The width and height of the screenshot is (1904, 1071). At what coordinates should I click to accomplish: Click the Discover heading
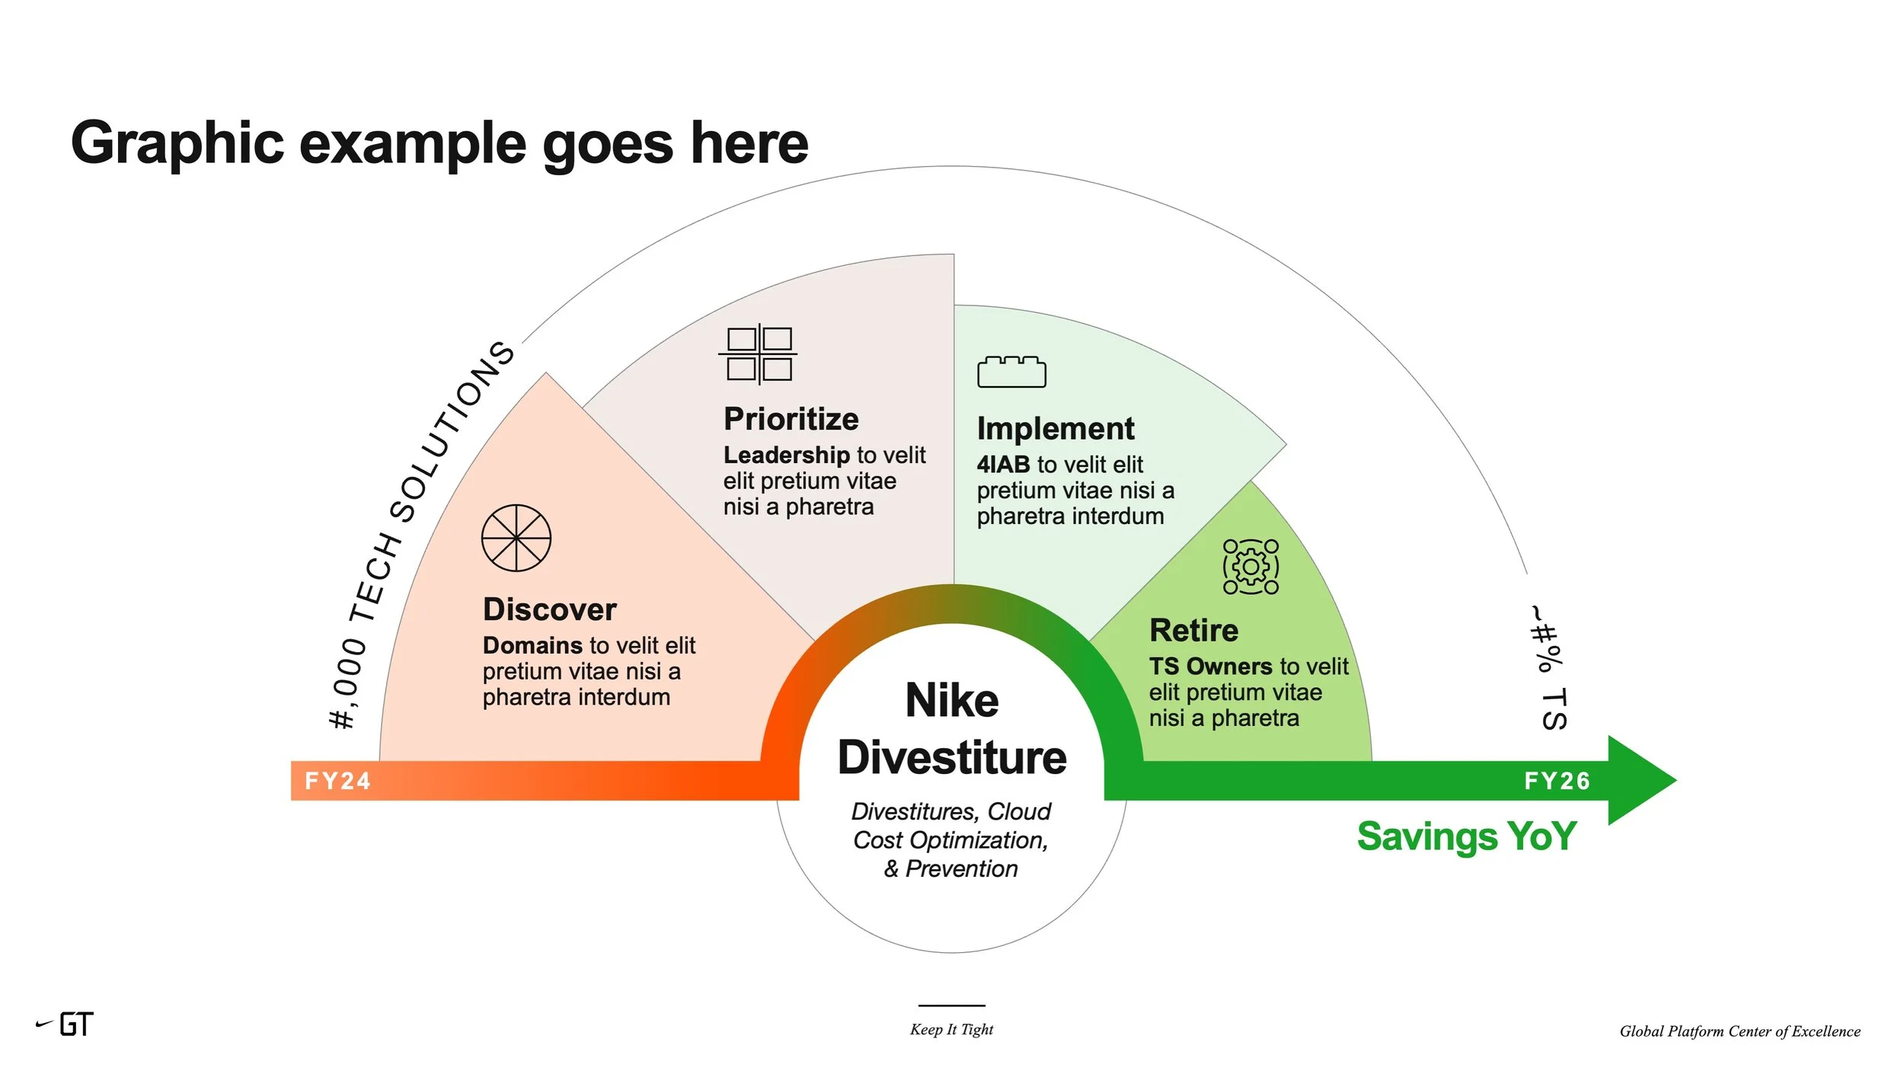tap(549, 610)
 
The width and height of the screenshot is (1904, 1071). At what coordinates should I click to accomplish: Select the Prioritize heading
tap(791, 420)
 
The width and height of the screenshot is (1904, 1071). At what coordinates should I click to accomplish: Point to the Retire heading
tap(1193, 631)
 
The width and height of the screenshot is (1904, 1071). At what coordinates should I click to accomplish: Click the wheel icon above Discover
tap(516, 538)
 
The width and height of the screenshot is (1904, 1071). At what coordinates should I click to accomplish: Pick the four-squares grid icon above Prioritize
tap(759, 354)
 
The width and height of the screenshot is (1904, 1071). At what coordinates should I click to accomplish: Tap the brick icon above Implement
tap(1011, 372)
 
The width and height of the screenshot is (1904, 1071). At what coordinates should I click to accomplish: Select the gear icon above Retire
tap(1251, 567)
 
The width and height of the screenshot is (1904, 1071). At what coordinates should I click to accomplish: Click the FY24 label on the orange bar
tap(337, 781)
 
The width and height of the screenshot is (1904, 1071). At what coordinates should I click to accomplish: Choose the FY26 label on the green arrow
tap(1557, 781)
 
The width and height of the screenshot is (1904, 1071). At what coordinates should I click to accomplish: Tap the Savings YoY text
tap(1467, 836)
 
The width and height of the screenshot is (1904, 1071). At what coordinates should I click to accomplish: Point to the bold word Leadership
tap(786, 456)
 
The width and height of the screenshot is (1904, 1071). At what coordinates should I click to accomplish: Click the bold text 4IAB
tap(1003, 465)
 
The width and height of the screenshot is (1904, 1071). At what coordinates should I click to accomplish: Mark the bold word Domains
tap(532, 646)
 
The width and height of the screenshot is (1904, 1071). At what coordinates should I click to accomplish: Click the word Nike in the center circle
tap(952, 701)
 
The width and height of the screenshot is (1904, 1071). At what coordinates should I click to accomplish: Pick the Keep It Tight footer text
tap(951, 1030)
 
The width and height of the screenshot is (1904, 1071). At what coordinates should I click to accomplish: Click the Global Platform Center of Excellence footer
tap(1739, 1031)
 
